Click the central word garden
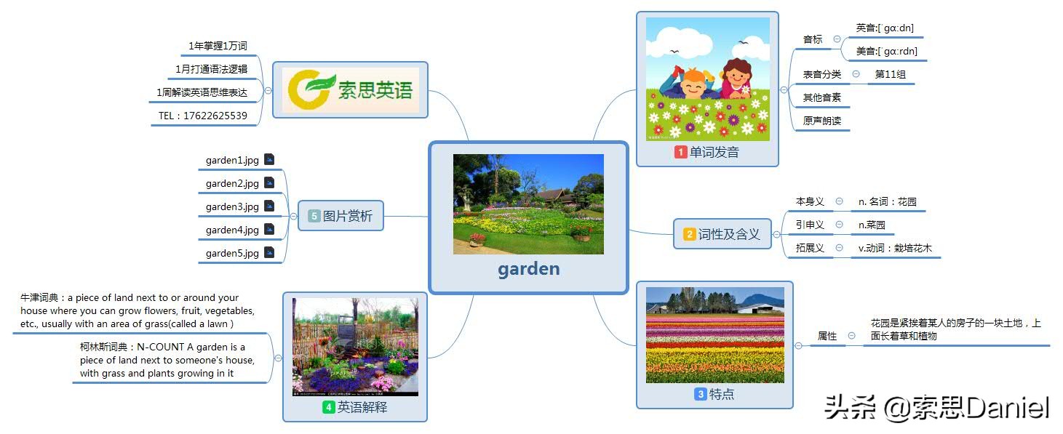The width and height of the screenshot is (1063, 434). pos(528,269)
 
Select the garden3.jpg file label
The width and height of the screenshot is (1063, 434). pos(232,206)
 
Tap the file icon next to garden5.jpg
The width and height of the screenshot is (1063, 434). pos(269,253)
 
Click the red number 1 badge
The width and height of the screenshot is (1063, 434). pos(680,152)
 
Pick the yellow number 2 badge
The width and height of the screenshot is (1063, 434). pos(689,234)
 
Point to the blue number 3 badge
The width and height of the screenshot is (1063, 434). pos(700,394)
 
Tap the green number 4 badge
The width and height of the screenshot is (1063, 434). pos(328,407)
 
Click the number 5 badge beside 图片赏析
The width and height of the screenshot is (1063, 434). pos(314,216)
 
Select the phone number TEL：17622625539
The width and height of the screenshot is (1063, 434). pos(202,116)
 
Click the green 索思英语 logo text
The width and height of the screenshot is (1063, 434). pos(375,89)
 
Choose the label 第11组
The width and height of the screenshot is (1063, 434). pos(891,74)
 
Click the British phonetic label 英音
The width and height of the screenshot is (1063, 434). pos(885,28)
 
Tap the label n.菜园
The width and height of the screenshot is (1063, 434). pos(872,225)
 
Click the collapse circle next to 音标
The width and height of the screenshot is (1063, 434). pos(837,39)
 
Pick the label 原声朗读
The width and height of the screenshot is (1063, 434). pos(821,121)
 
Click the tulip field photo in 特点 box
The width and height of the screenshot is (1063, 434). pos(714,335)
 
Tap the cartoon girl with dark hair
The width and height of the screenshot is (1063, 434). pos(736,78)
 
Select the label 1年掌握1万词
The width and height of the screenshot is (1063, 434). pos(218,46)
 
